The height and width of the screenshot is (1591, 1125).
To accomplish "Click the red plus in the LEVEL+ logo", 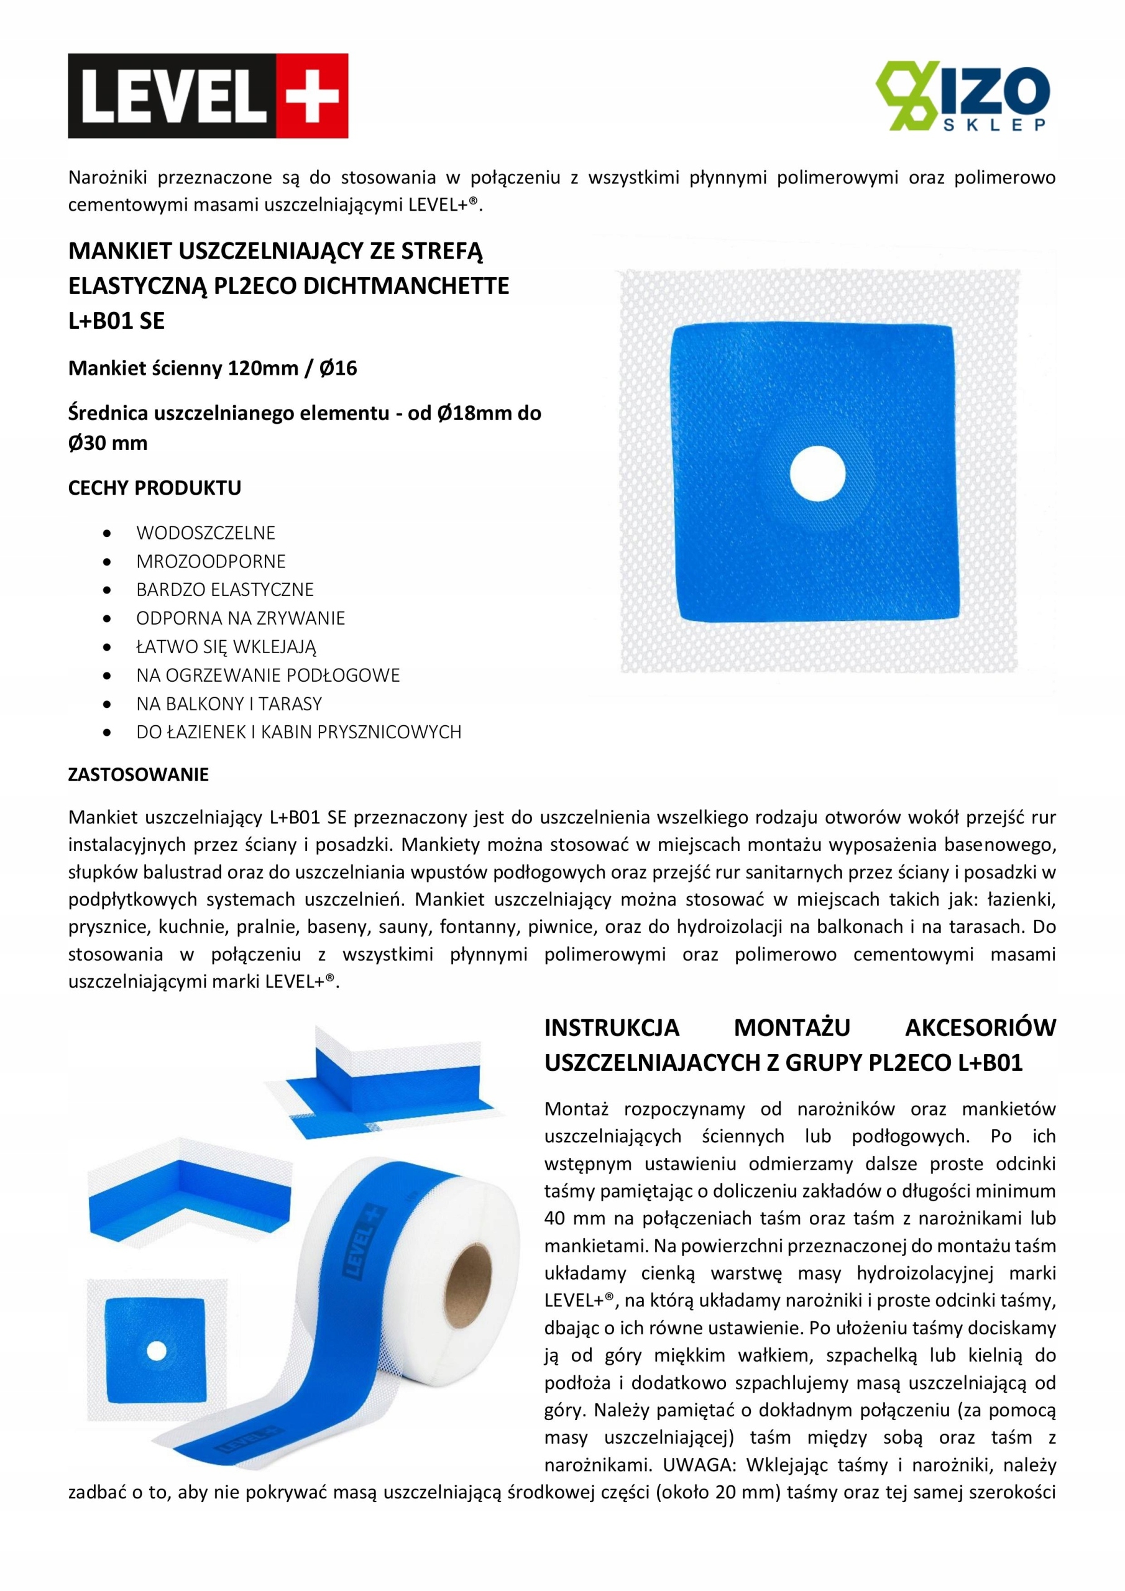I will [x=311, y=96].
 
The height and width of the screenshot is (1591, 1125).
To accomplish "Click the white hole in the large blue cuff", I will [x=817, y=474].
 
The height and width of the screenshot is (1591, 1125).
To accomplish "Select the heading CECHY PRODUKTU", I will [x=155, y=488].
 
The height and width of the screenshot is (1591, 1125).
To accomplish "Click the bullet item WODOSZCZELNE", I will [x=206, y=532].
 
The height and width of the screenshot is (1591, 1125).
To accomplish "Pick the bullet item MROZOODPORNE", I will [x=211, y=561].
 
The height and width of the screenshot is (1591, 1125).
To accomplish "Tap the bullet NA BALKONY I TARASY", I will [x=229, y=704].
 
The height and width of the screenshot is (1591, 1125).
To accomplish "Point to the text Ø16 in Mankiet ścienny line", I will [x=338, y=368].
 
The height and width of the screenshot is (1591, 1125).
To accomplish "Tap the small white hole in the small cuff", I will [x=157, y=1351].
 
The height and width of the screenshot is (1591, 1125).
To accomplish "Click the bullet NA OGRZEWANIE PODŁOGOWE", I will [x=267, y=675].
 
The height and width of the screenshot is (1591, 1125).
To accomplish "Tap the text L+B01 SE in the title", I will [x=116, y=321].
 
